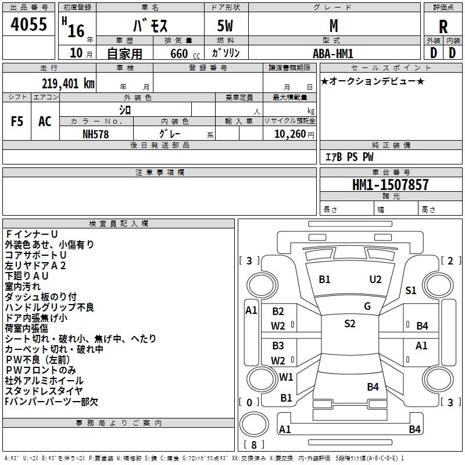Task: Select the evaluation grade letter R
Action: (x=443, y=27)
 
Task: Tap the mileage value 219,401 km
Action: (x=67, y=83)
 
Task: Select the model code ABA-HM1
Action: (x=332, y=52)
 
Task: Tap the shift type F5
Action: (x=17, y=121)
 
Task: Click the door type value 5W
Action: (x=226, y=27)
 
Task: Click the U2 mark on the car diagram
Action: (x=375, y=280)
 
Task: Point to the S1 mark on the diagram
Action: (x=411, y=291)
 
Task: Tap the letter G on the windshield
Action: (x=367, y=306)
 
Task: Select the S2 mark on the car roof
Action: (x=349, y=324)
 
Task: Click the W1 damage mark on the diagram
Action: (x=286, y=377)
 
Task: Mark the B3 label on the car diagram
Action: (x=278, y=346)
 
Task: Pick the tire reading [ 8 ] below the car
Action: (x=253, y=445)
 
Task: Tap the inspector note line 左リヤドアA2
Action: (x=35, y=265)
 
